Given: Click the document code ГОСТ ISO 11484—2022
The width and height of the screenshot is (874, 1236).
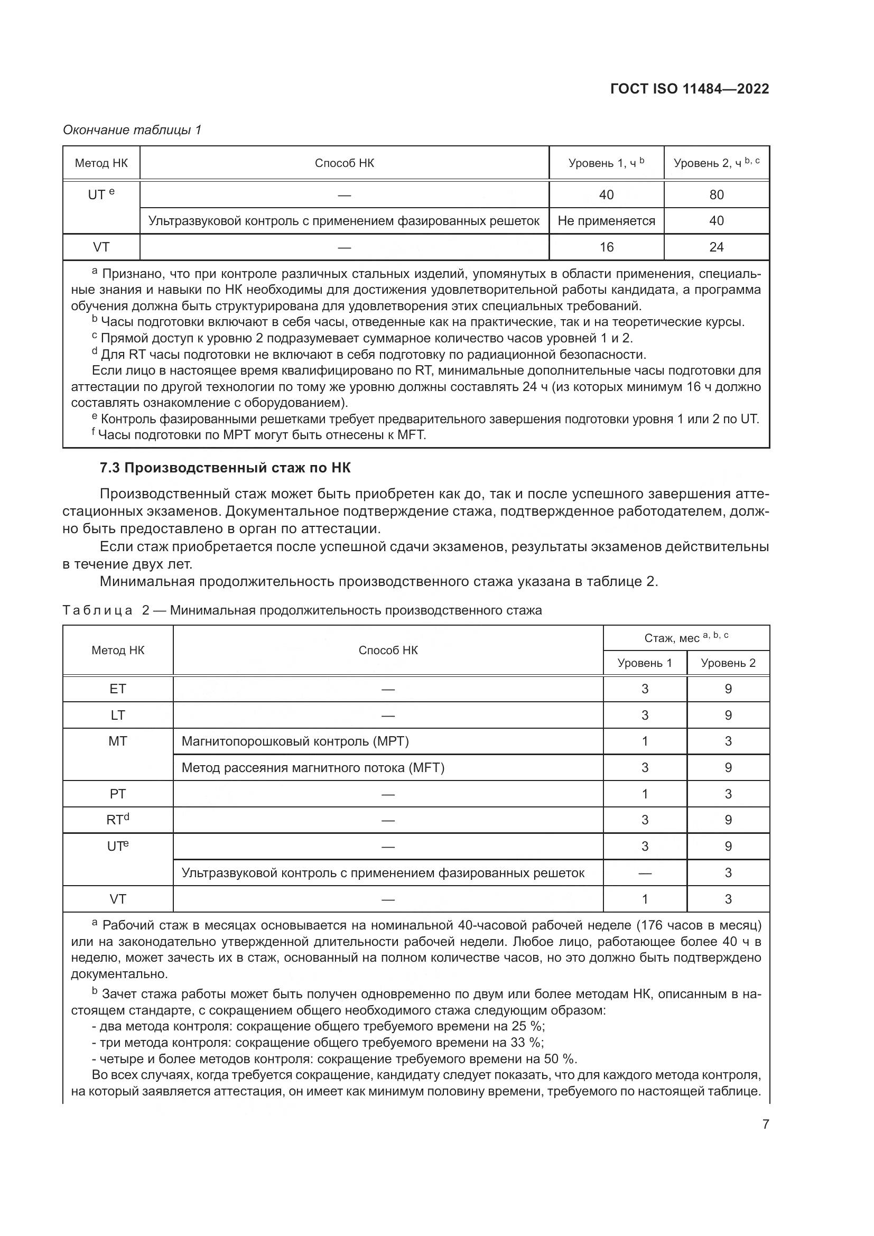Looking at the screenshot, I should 690,89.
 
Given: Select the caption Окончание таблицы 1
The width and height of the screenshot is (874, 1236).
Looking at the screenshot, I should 132,130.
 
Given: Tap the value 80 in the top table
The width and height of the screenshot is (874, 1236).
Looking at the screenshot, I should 717,195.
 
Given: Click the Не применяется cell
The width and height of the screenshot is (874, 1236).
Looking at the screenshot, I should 606,221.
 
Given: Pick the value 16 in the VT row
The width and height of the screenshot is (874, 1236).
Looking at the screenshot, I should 606,247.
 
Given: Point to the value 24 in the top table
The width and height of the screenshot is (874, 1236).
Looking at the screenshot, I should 717,247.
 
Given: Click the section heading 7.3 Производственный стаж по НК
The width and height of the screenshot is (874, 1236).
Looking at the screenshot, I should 225,468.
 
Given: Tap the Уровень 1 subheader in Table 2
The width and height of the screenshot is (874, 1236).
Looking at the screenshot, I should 645,663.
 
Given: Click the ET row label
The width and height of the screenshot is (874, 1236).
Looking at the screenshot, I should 118,689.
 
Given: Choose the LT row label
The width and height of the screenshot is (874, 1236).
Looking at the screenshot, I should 118,715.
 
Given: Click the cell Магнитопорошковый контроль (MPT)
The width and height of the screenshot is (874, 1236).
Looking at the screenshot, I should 295,741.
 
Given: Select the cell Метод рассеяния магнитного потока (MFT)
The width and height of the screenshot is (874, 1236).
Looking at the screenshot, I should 313,768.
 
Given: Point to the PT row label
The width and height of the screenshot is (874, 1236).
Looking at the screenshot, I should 118,794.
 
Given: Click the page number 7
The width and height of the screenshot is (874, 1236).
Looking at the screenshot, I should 765,1124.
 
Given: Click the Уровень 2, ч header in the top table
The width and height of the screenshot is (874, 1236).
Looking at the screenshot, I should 717,163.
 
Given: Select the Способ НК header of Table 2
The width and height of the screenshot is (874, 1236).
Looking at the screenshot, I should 388,650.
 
